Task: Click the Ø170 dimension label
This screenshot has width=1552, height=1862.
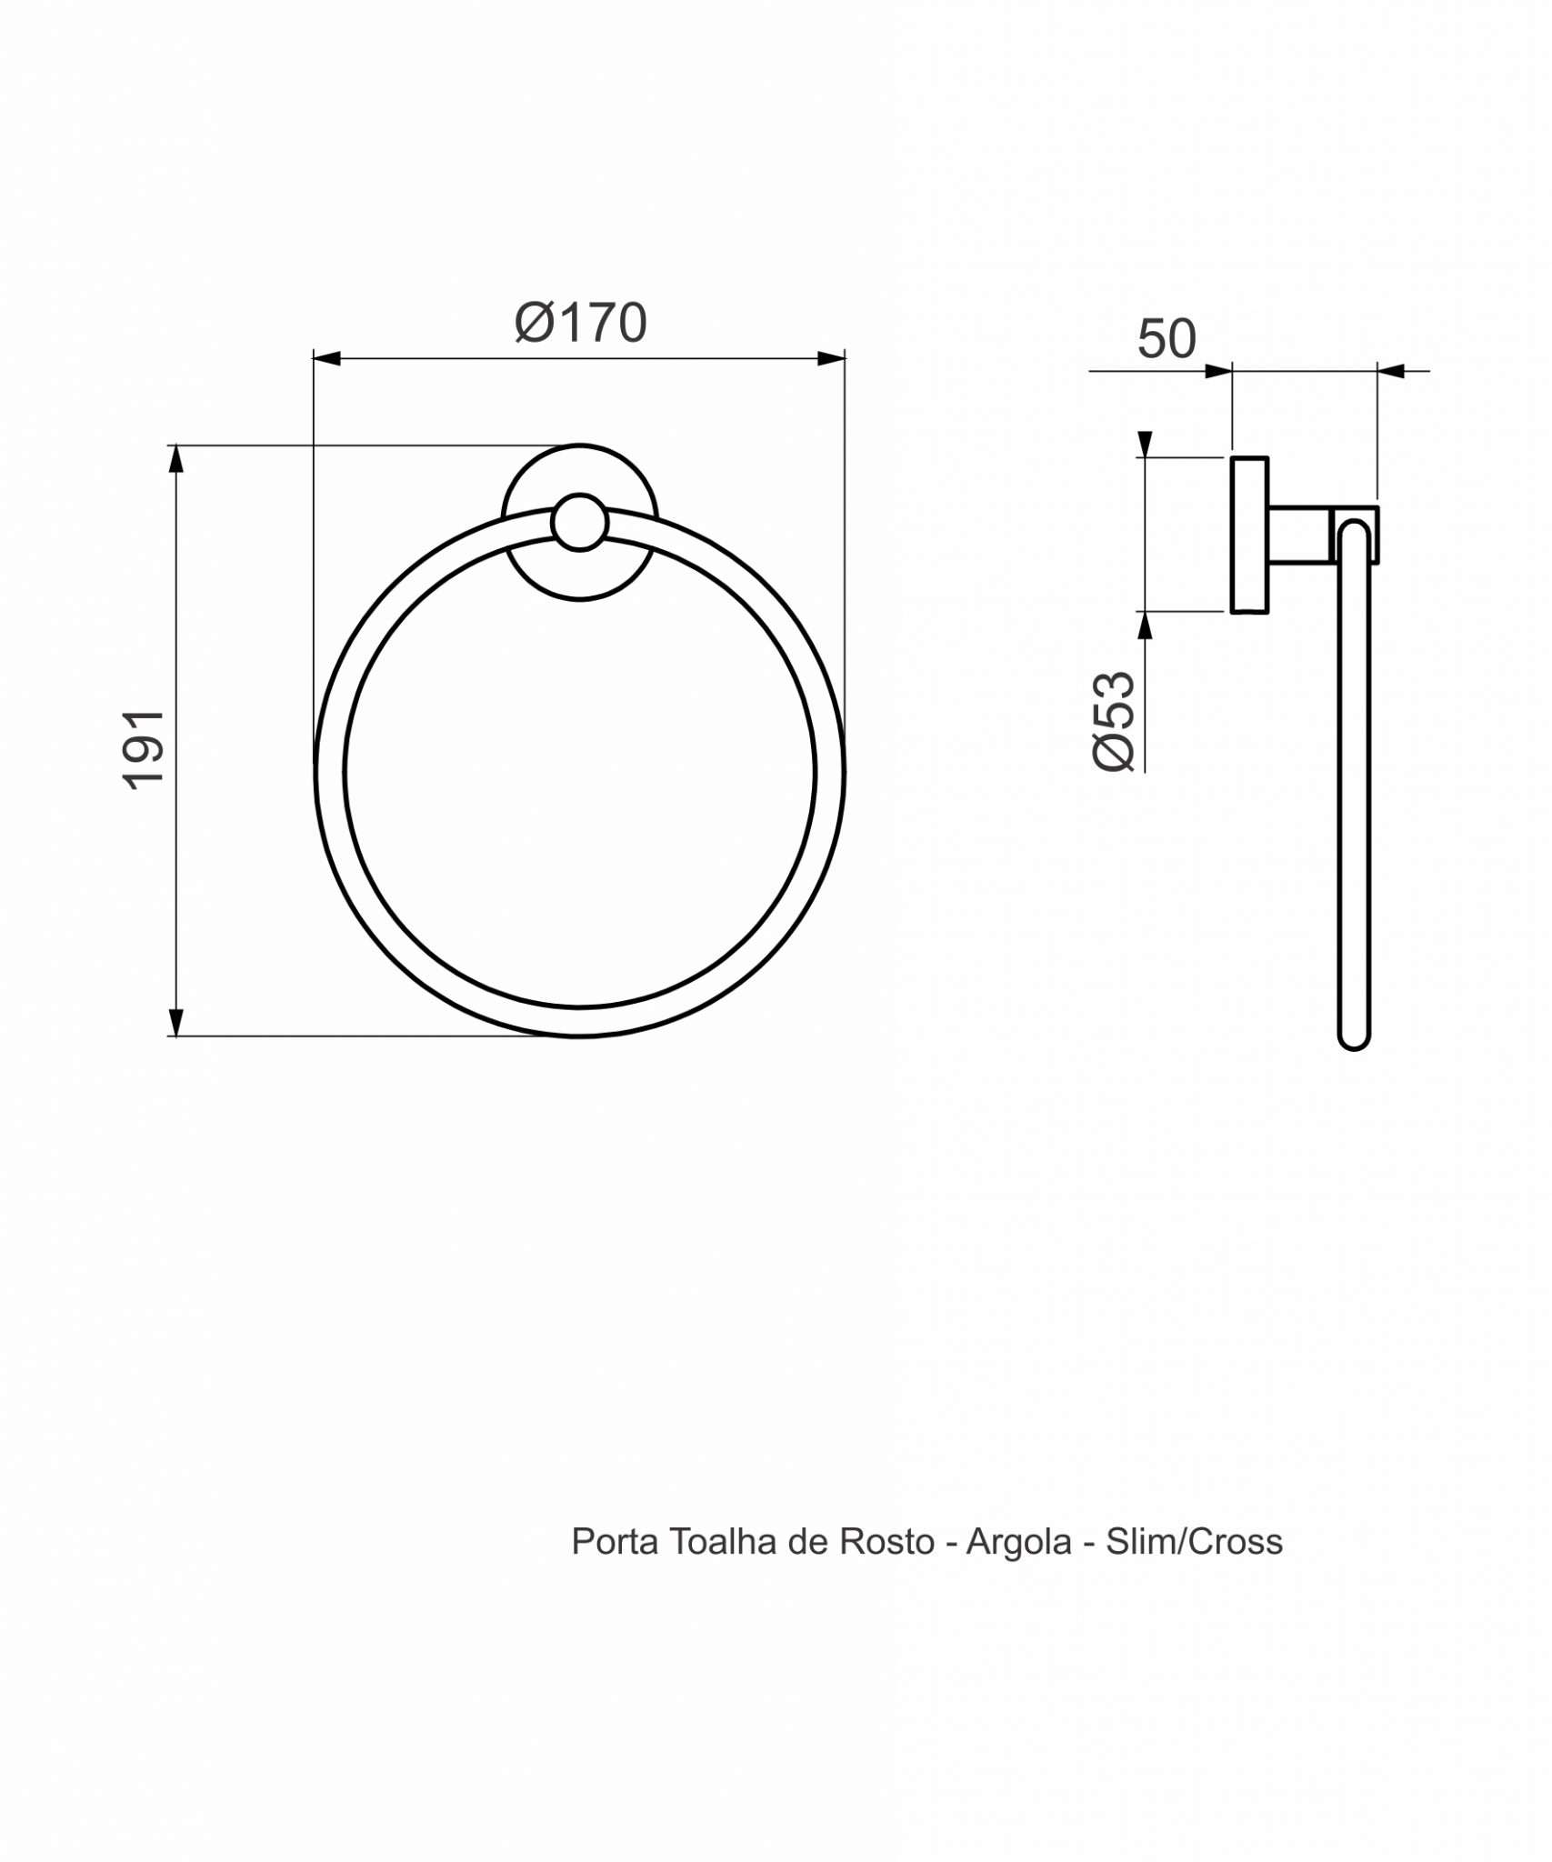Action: (580, 323)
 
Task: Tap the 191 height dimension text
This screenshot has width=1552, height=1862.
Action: (145, 750)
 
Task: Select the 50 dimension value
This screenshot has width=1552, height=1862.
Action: (1167, 339)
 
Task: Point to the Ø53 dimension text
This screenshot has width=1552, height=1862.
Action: (1115, 723)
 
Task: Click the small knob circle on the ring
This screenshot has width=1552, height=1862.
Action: (579, 523)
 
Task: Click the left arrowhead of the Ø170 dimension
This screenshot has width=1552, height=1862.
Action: (325, 359)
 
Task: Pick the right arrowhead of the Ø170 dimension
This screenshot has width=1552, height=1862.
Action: (831, 359)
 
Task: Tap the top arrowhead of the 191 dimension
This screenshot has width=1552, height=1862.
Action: (176, 459)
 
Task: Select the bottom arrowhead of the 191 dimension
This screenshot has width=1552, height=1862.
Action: (176, 1021)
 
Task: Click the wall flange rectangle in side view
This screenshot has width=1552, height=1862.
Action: (1249, 535)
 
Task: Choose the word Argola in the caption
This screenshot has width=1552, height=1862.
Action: (1018, 1542)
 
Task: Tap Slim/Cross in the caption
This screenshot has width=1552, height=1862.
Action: (1194, 1542)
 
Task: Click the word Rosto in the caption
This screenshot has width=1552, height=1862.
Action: (886, 1542)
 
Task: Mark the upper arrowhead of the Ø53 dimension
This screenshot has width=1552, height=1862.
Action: (1145, 445)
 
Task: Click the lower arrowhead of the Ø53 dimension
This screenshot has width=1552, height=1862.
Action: (1145, 626)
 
